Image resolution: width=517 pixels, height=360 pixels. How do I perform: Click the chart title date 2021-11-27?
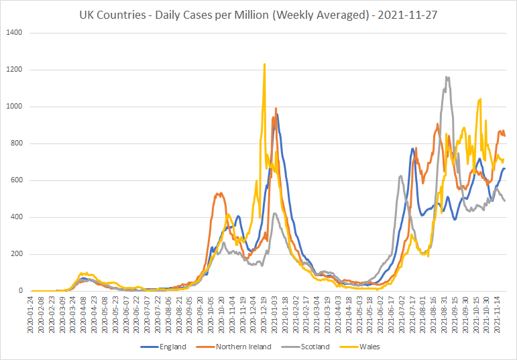(x=408, y=15)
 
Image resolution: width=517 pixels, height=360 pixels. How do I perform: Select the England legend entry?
(x=163, y=347)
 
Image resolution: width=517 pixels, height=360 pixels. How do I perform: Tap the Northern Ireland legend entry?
(x=234, y=347)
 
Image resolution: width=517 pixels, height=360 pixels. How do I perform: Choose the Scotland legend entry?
(x=305, y=347)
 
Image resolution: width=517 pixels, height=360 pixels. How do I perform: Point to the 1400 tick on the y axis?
(x=16, y=33)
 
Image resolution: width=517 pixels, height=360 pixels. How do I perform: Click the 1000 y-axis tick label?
(x=16, y=107)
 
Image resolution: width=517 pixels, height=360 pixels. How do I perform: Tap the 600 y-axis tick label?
(x=17, y=180)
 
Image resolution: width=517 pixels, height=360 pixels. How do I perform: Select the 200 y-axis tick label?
(x=17, y=254)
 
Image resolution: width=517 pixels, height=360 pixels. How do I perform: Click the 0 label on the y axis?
(x=20, y=291)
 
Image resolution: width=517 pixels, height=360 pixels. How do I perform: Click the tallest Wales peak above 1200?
(x=264, y=64)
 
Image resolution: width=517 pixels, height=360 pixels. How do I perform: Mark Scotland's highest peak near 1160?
(x=447, y=77)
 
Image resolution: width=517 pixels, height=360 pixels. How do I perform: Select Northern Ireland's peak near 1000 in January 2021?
(x=276, y=108)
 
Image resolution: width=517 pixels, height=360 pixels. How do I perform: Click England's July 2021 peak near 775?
(x=412, y=148)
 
